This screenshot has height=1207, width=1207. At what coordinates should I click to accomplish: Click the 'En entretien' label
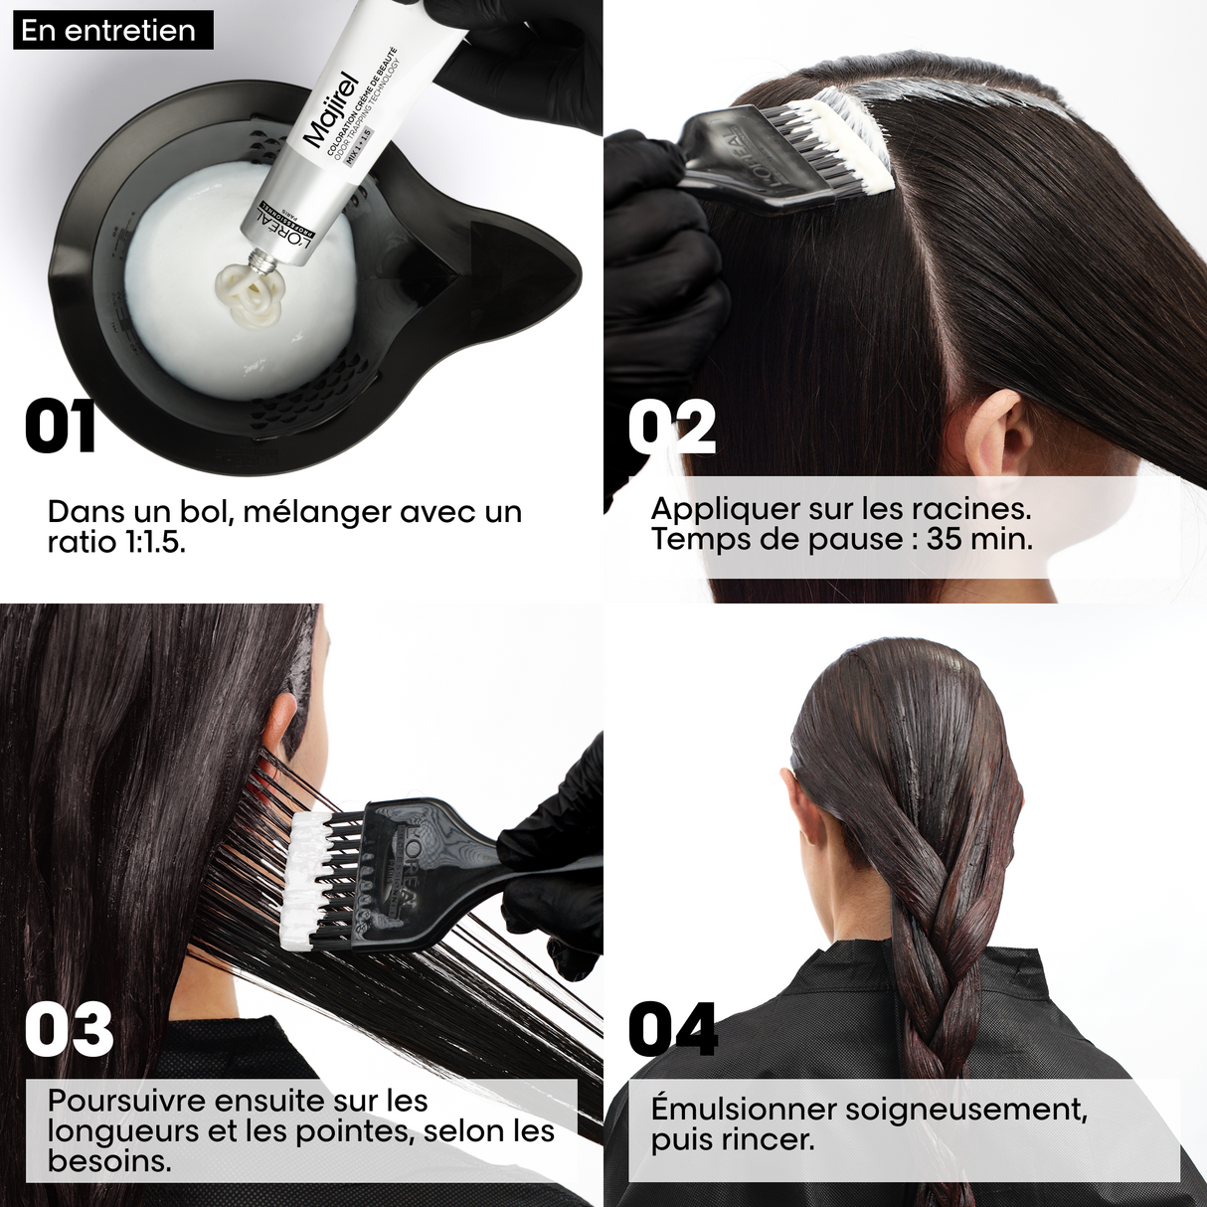(x=107, y=30)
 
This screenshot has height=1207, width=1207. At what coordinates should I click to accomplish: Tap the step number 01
(x=60, y=427)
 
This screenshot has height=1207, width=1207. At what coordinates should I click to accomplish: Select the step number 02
(x=672, y=427)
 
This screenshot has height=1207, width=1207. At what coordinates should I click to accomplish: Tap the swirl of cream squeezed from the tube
(x=250, y=294)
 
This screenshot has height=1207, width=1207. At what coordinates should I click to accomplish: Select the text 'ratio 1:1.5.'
(x=116, y=542)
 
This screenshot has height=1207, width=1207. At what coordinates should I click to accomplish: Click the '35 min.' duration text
(x=979, y=539)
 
